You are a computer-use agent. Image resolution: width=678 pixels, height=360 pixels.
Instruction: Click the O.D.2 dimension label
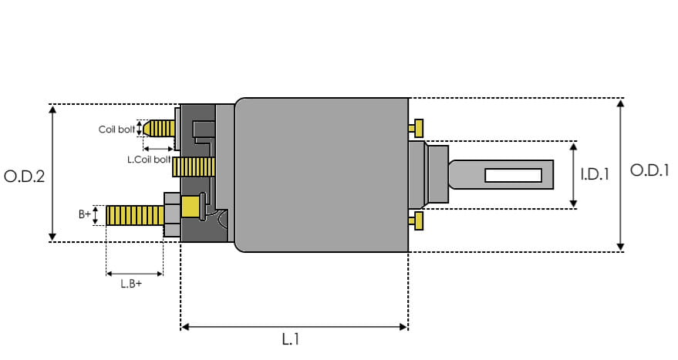point(25,176)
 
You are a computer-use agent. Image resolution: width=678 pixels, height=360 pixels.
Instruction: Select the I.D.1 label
point(595,175)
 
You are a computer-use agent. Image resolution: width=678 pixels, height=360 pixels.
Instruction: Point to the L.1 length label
point(290,338)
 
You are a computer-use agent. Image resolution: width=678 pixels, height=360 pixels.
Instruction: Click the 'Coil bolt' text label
point(116,130)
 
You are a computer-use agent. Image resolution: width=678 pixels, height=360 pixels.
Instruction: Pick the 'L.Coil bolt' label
point(148,160)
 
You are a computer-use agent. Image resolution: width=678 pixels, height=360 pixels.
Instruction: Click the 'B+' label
point(85,215)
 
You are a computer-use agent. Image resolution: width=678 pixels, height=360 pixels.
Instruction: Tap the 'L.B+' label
point(131,284)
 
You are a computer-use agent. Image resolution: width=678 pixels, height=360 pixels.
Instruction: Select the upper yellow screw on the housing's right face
point(418,126)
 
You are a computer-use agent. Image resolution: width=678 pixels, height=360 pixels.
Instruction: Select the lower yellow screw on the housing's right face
point(418,220)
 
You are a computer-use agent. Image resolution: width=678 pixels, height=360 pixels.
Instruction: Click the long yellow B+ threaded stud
point(134,215)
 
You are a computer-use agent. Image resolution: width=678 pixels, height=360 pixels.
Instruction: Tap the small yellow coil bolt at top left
point(160,128)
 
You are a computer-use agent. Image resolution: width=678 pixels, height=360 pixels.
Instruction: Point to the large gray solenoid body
point(321,175)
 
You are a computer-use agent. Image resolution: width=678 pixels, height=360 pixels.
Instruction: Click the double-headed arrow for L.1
point(294,327)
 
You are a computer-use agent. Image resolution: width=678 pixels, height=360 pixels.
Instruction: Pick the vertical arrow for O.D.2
point(52,173)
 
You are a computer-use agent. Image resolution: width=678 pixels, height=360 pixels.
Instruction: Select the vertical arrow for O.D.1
point(621,174)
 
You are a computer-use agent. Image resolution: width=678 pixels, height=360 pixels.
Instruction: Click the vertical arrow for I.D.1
point(573,175)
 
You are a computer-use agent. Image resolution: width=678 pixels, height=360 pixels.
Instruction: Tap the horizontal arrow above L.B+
point(134,272)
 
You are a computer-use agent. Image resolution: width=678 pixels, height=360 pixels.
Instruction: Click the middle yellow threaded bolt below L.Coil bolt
point(194,167)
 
